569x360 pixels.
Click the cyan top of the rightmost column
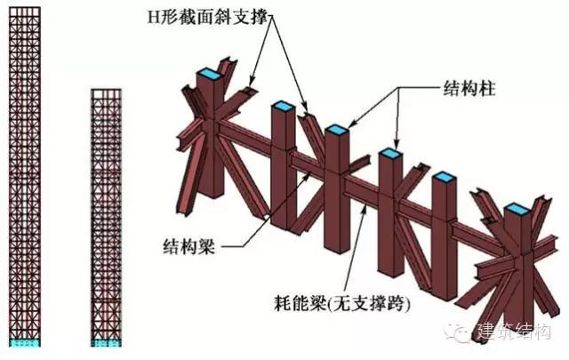(x=518, y=209)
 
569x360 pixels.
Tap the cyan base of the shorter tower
(x=107, y=341)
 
